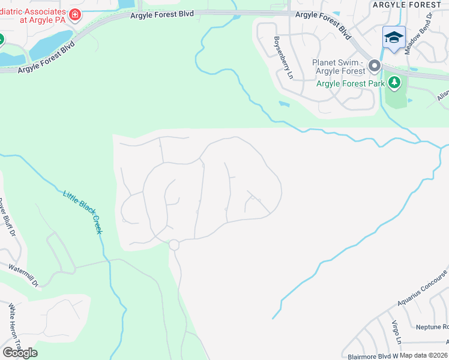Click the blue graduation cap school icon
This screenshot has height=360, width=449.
pyautogui.click(x=394, y=38)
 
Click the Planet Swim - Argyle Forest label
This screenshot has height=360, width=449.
pyautogui.click(x=339, y=67)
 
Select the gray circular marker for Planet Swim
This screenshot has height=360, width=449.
pyautogui.click(x=375, y=65)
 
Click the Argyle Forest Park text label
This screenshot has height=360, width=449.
pyautogui.click(x=351, y=83)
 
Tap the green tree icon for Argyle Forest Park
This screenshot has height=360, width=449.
pyautogui.click(x=394, y=83)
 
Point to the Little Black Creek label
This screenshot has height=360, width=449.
pyautogui.click(x=83, y=212)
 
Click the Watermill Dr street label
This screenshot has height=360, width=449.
pyautogui.click(x=24, y=274)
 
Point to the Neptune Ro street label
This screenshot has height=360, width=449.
pyautogui.click(x=432, y=327)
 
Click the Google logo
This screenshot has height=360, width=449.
pyautogui.click(x=20, y=352)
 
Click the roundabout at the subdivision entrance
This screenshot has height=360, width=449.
pyautogui.click(x=174, y=245)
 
